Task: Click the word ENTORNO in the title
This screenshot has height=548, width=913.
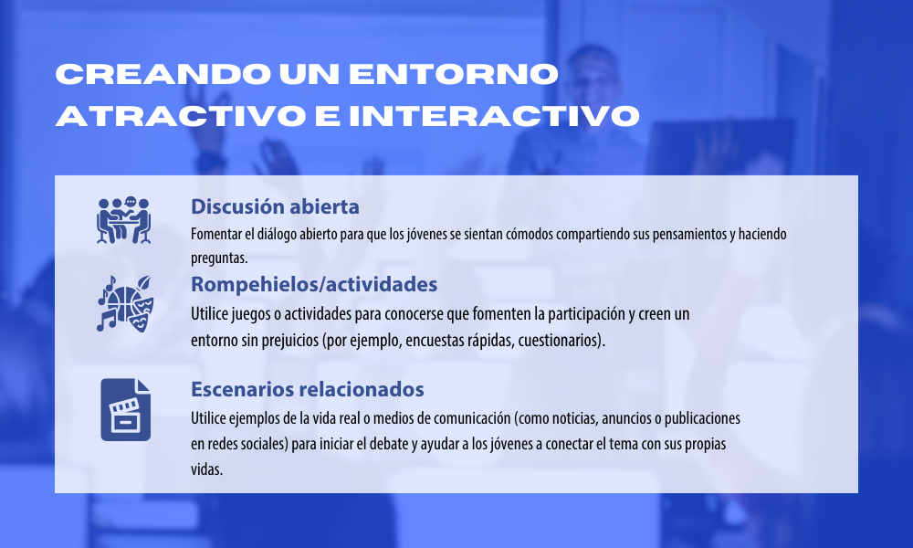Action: point(454,74)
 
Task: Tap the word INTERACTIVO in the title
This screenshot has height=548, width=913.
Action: point(494,115)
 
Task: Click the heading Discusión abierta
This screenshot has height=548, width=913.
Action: point(275,206)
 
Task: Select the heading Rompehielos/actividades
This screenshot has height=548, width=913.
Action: point(314,284)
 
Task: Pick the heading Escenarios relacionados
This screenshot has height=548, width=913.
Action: point(308,389)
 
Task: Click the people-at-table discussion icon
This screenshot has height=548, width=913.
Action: point(123,219)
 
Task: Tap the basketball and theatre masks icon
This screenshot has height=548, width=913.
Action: point(124,303)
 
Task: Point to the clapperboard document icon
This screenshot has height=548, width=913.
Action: point(126,409)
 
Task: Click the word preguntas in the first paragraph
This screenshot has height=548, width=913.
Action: point(219,258)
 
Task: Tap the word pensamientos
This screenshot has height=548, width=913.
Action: point(688,234)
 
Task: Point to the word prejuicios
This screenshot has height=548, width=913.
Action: point(289,340)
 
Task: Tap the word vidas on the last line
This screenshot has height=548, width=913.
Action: point(206,469)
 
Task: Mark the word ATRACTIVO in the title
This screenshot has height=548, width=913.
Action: point(181,115)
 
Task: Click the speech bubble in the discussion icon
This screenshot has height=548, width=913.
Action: point(131,202)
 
